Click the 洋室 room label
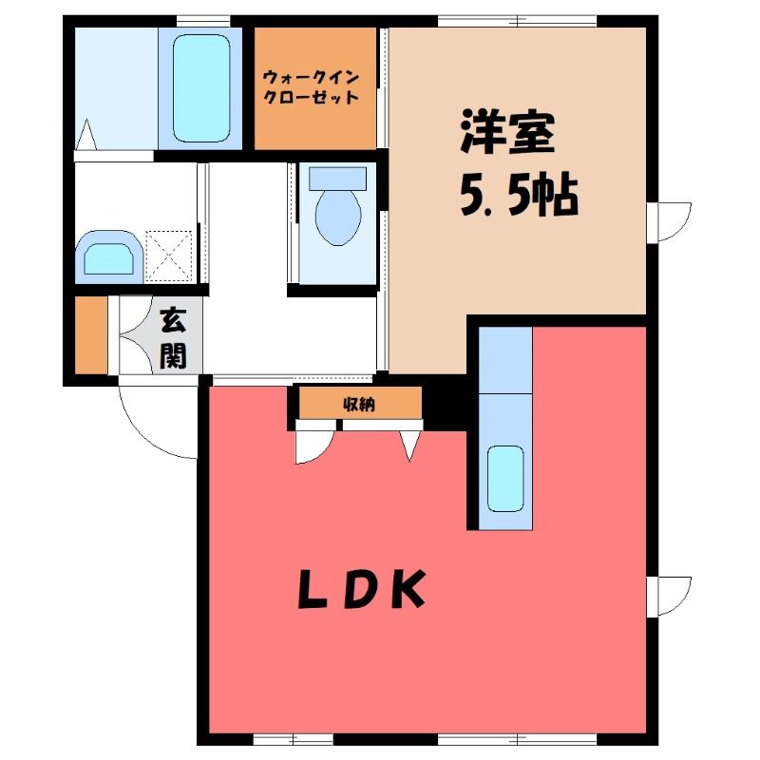pos(508,131)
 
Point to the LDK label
pos(361,588)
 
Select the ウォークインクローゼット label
pos(311,87)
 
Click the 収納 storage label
pos(359,404)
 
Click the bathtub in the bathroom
pos(201,87)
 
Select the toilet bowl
pos(338,217)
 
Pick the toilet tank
pos(338,178)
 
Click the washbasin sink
pos(109,257)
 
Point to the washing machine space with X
pos(170,256)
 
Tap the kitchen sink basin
pos(505,479)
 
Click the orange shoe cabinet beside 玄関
pos(91,335)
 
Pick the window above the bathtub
pos(203,21)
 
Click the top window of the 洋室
pos(517,21)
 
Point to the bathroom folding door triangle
pos(86,135)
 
